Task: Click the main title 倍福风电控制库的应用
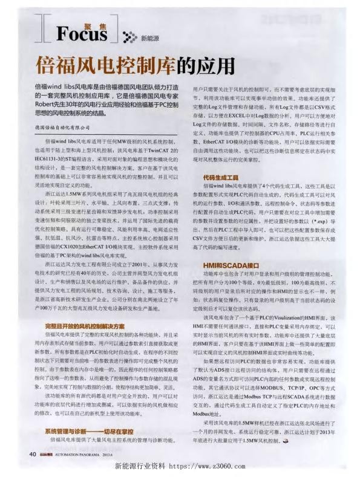134,65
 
